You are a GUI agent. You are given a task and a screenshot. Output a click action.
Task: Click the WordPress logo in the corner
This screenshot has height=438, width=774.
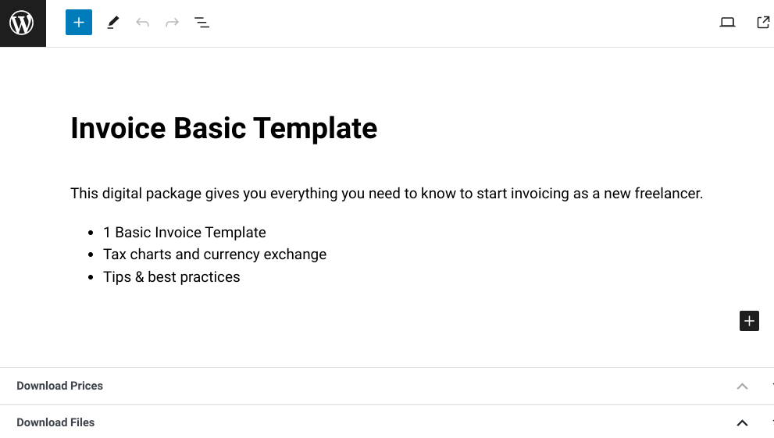click(22, 23)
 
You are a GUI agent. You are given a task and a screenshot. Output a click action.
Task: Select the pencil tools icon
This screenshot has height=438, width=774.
click(113, 23)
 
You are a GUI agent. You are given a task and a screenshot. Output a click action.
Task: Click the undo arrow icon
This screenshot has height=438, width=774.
click(142, 23)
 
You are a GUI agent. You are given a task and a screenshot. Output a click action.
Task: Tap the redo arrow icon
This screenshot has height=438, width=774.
click(172, 23)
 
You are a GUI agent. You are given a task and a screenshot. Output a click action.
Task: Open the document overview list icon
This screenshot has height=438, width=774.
click(202, 23)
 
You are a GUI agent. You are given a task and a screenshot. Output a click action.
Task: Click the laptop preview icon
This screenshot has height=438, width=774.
click(727, 23)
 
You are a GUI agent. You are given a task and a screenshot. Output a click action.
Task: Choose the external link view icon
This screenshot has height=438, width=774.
click(763, 23)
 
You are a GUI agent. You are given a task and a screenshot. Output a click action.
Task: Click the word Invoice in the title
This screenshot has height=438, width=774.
click(118, 129)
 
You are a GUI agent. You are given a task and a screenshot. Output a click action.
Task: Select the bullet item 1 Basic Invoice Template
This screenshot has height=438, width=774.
click(184, 233)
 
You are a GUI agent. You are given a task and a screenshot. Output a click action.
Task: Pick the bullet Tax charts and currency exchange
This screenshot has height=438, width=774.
click(215, 255)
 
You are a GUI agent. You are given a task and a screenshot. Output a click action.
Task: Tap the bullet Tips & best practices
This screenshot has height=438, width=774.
click(172, 277)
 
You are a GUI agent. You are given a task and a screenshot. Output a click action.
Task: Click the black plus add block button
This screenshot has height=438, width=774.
click(749, 321)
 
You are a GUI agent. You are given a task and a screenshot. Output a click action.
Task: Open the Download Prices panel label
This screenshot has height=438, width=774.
click(59, 386)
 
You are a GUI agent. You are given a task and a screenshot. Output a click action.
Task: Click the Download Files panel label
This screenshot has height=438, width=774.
click(55, 422)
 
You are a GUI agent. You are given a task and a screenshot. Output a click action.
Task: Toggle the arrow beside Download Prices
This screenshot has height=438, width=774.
click(742, 386)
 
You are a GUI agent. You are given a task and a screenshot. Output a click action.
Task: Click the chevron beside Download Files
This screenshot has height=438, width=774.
click(742, 422)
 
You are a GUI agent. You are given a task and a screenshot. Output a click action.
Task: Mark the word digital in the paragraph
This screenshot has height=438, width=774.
click(127, 194)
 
